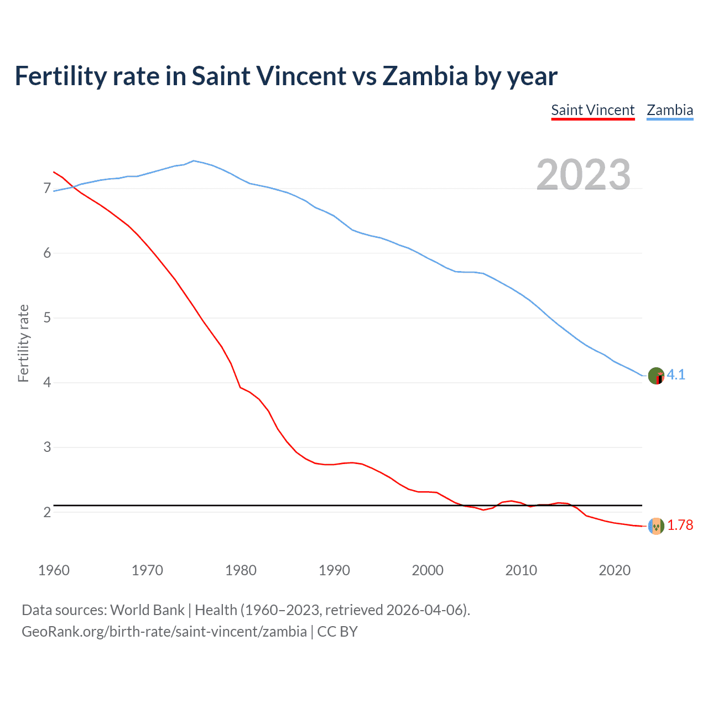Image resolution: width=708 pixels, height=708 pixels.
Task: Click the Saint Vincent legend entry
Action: coord(592,110)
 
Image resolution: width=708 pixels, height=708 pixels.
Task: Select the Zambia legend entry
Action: coord(670,110)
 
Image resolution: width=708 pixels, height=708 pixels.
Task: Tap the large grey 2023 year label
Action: coord(583,175)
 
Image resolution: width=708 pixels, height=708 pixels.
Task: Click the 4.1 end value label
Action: coord(676,374)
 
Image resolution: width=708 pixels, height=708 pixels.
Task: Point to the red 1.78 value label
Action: coord(680,525)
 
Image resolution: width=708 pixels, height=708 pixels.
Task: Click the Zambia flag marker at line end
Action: coord(656,376)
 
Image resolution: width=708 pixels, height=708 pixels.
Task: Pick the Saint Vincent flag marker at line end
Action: coord(656,526)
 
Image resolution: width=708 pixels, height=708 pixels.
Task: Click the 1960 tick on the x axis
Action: coord(54,570)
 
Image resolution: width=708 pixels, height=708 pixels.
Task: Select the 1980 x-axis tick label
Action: coord(241,570)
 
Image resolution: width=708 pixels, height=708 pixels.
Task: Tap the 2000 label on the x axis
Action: coord(428,570)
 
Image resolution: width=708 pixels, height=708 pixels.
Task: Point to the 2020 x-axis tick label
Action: coord(615,570)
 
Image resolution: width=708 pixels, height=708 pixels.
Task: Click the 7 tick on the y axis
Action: coord(47,189)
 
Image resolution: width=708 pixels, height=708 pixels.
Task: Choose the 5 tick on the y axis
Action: coord(47,318)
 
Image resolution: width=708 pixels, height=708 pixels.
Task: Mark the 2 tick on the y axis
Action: coord(47,512)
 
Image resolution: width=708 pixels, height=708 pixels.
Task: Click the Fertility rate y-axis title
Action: coord(23,343)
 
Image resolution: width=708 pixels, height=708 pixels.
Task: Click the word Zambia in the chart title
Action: coord(425,76)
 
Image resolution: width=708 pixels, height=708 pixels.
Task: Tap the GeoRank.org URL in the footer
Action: coord(164,631)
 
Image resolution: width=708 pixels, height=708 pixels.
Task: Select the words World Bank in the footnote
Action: coord(147,610)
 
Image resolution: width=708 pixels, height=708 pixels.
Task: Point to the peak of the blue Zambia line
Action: coord(193,160)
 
